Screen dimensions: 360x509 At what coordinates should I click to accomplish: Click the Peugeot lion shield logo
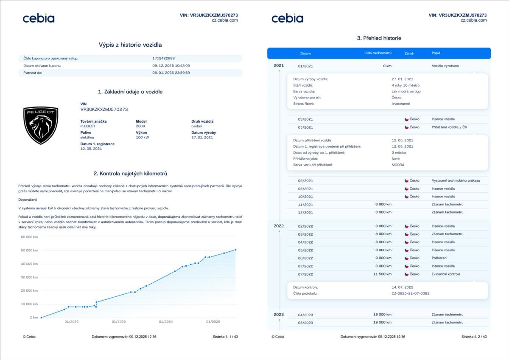41,125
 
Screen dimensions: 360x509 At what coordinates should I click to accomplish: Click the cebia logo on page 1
39,18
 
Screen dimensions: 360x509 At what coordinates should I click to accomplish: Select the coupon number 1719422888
163,58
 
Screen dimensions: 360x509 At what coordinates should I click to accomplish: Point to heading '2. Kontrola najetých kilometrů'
130,174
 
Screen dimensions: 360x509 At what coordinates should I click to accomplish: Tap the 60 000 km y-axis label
29,237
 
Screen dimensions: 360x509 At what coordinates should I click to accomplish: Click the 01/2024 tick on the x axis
166,321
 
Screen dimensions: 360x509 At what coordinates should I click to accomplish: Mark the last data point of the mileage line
235,250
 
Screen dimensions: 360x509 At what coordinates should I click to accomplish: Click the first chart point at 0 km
41,317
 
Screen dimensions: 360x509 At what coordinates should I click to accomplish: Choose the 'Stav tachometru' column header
378,53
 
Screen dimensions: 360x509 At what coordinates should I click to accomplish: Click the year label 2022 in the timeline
279,226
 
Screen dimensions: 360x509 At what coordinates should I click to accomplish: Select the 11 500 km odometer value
382,274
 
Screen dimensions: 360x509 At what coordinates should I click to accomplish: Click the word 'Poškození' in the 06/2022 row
439,258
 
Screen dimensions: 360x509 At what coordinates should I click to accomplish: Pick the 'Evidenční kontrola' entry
446,274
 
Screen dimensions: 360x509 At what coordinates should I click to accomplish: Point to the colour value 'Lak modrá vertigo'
406,91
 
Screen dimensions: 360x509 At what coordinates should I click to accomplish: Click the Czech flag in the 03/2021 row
406,119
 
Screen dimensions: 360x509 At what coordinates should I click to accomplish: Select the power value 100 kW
143,138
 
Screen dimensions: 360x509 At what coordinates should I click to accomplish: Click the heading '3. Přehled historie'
379,38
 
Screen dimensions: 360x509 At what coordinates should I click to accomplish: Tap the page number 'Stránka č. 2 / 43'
474,337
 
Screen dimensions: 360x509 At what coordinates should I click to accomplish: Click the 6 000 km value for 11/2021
383,204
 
